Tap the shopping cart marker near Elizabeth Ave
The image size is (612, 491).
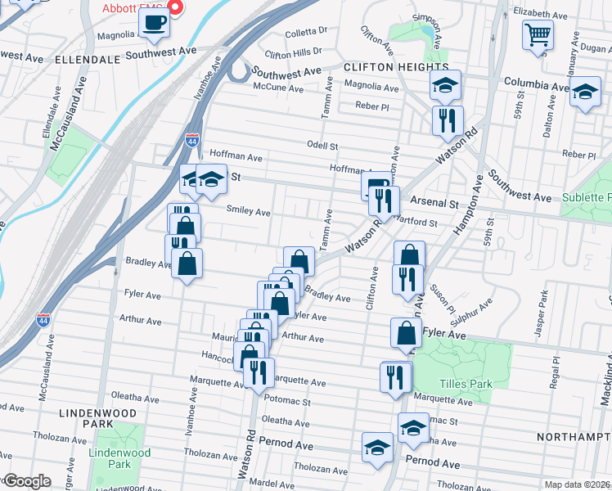(538, 35)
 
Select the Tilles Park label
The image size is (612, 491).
(464, 384)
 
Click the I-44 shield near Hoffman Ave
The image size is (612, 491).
(192, 141)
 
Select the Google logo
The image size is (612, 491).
(27, 481)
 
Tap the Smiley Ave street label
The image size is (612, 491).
(248, 212)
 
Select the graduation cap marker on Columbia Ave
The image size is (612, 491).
(445, 85)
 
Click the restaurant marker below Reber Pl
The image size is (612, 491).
(447, 121)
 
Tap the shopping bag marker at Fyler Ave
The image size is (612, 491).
(406, 333)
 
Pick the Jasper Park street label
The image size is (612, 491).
(539, 313)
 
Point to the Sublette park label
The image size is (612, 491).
(587, 198)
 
